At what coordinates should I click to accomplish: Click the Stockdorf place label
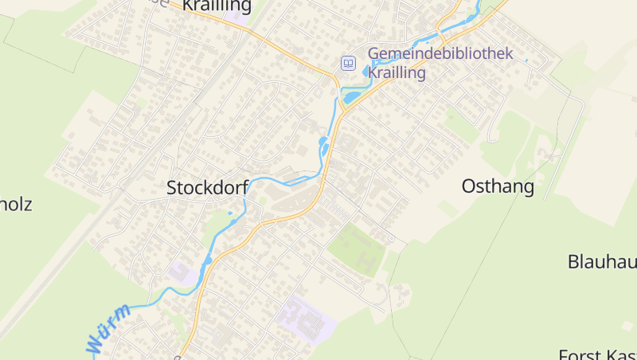click(x=207, y=188)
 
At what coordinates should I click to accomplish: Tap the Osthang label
click(x=498, y=186)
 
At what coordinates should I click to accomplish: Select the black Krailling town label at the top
click(x=217, y=6)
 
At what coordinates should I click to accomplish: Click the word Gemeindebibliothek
click(x=440, y=54)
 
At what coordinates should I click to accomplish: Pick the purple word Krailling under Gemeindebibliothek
click(x=397, y=72)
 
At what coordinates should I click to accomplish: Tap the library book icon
click(x=348, y=63)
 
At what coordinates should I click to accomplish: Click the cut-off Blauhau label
click(x=602, y=261)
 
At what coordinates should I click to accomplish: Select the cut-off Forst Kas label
click(x=598, y=354)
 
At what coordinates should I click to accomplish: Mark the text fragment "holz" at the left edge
click(x=16, y=204)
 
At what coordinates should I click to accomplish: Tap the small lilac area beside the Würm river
click(x=182, y=273)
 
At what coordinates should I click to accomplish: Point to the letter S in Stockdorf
click(x=172, y=188)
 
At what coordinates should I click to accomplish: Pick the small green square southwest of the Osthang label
click(x=447, y=209)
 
